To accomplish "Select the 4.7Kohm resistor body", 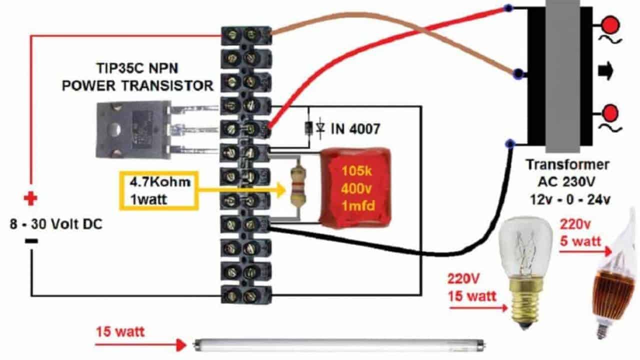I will (x=299, y=188).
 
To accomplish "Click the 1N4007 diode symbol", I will (x=310, y=129).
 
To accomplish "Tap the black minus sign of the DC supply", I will (x=31, y=241).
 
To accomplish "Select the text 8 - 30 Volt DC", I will (x=56, y=224).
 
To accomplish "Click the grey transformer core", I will (x=562, y=75).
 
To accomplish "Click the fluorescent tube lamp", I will (x=340, y=344).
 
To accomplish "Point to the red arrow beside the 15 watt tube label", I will (x=140, y=344).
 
